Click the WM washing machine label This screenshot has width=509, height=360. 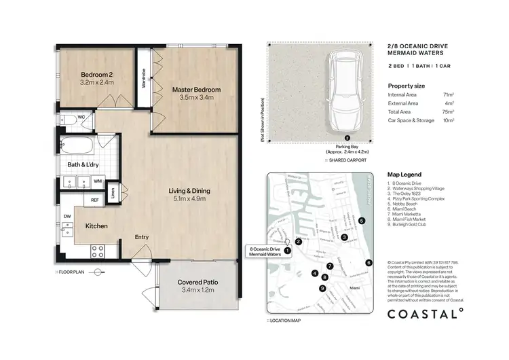pyautogui.click(x=98, y=181)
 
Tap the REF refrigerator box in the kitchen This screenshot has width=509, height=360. pyautogui.click(x=96, y=200)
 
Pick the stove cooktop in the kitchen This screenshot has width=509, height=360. pyautogui.click(x=97, y=249)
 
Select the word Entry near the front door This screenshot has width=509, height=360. pyautogui.click(x=142, y=237)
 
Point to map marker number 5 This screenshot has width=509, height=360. pyautogui.click(x=362, y=221)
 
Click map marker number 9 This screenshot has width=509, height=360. pyautogui.click(x=322, y=288)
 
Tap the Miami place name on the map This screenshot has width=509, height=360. pyautogui.click(x=353, y=288)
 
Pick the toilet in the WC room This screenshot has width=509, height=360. pyautogui.click(x=66, y=122)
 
